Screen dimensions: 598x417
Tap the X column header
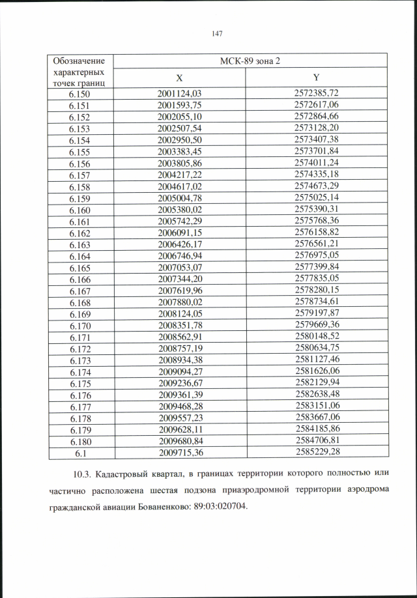[x=179, y=78]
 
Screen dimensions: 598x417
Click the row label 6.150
[x=79, y=94]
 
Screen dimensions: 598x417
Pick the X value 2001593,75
[x=180, y=105]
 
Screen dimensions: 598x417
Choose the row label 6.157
[x=79, y=174]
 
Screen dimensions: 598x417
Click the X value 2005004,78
[x=180, y=197]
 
